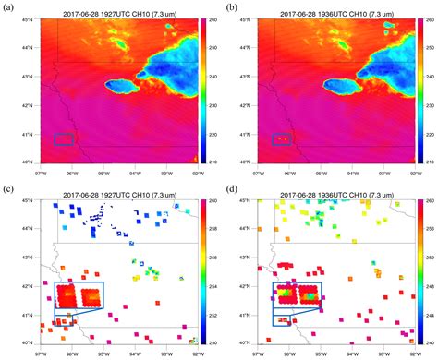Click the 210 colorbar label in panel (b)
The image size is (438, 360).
tap(433, 162)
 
